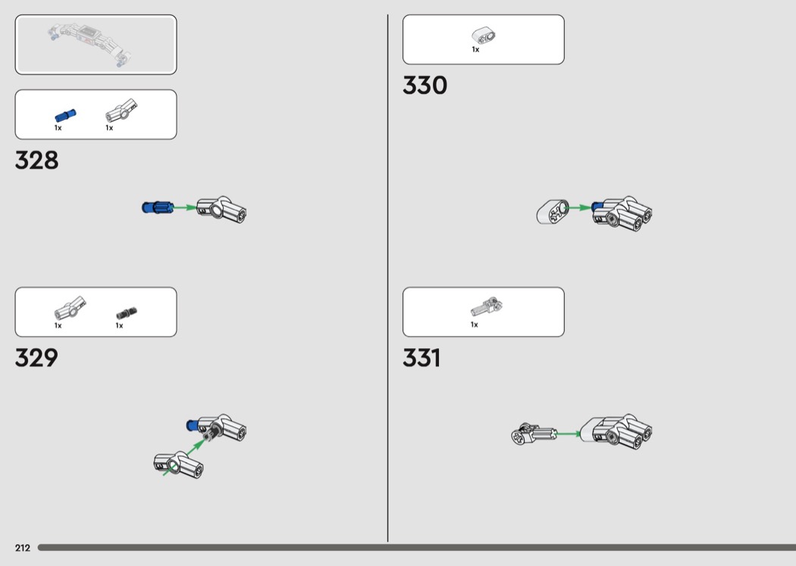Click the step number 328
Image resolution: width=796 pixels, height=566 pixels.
36,160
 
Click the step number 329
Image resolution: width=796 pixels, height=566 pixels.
36,357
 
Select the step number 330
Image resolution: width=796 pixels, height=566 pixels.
425,85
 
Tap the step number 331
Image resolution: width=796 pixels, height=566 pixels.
422,357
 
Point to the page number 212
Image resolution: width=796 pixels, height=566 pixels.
22,548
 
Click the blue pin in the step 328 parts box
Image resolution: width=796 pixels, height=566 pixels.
65,116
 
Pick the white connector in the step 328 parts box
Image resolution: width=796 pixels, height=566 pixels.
121,110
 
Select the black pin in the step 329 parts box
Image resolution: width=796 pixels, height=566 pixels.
127,313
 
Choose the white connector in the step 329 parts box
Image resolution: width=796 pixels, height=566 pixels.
70,307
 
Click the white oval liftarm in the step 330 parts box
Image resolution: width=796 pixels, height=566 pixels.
484,36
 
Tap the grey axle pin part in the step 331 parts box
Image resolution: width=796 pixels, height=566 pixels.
487,307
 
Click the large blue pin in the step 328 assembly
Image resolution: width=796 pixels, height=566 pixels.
158,207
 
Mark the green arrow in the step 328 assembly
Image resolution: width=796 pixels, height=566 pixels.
185,207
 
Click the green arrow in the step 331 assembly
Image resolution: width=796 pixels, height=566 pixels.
569,434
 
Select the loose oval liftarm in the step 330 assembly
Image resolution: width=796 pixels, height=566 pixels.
553,212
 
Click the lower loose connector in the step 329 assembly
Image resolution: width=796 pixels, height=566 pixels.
179,464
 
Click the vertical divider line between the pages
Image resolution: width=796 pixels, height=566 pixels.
388,278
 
